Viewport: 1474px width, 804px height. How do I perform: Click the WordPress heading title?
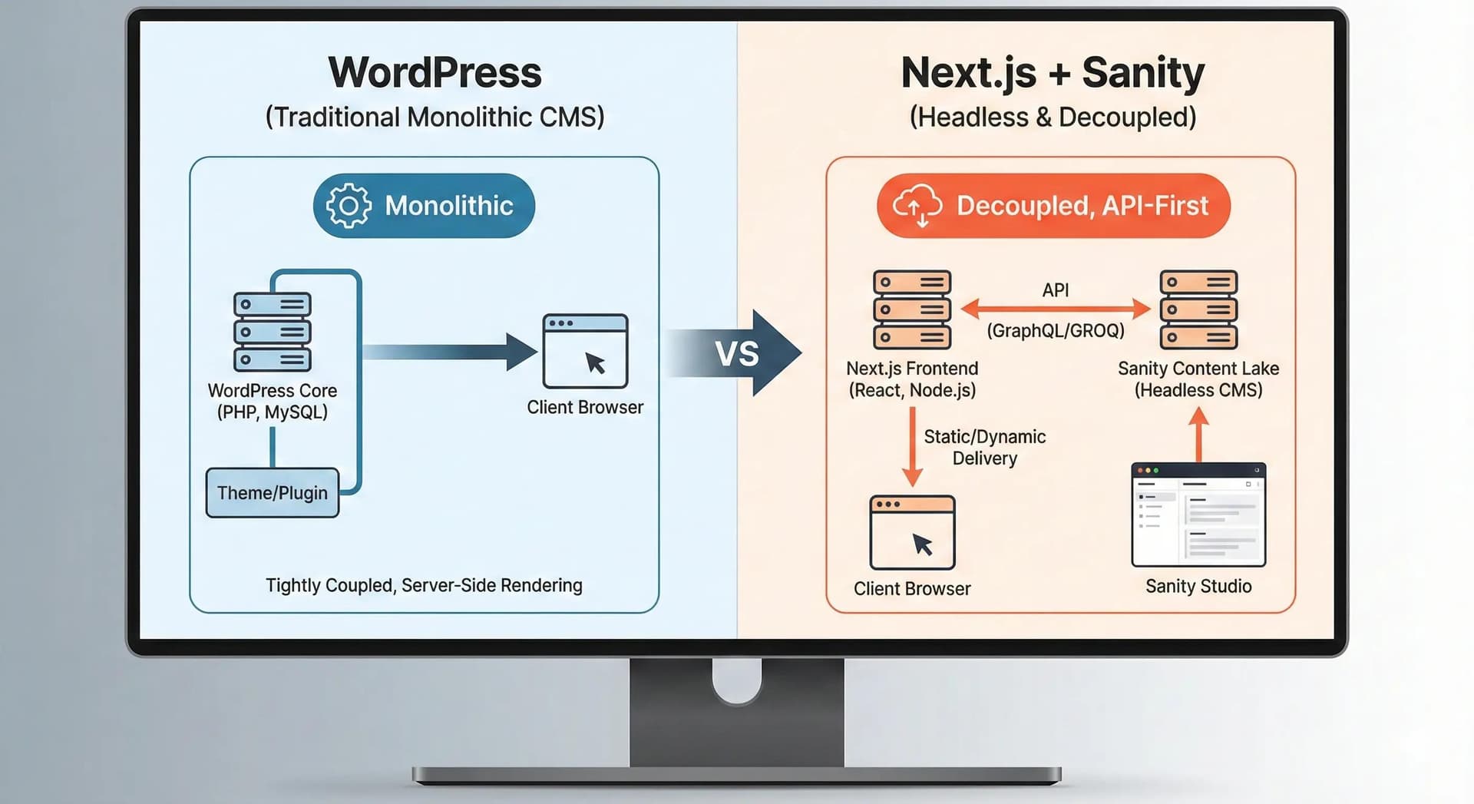click(x=435, y=73)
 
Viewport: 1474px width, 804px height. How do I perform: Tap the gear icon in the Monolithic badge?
click(x=349, y=206)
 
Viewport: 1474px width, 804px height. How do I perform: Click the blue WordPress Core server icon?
click(x=273, y=332)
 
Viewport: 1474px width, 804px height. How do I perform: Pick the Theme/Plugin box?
click(x=273, y=493)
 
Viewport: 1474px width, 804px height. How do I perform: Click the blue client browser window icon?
click(x=585, y=351)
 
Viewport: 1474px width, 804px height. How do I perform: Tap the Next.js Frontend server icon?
click(x=912, y=309)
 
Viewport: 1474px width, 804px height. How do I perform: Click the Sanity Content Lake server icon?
click(x=1198, y=309)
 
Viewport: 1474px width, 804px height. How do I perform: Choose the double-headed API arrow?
click(x=1056, y=309)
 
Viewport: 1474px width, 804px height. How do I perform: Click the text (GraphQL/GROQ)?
click(x=1056, y=331)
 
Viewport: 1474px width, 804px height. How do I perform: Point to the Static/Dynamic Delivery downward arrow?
click(x=912, y=447)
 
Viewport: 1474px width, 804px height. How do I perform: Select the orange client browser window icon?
click(x=912, y=532)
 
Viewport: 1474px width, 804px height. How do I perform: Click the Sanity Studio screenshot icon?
click(x=1198, y=515)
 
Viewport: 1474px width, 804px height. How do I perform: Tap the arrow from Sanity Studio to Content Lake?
click(x=1198, y=435)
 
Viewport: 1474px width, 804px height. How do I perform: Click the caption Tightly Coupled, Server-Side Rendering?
click(x=424, y=586)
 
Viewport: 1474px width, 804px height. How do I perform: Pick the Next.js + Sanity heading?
click(x=1053, y=73)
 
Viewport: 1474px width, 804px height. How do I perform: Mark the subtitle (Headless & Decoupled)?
click(x=1053, y=117)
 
